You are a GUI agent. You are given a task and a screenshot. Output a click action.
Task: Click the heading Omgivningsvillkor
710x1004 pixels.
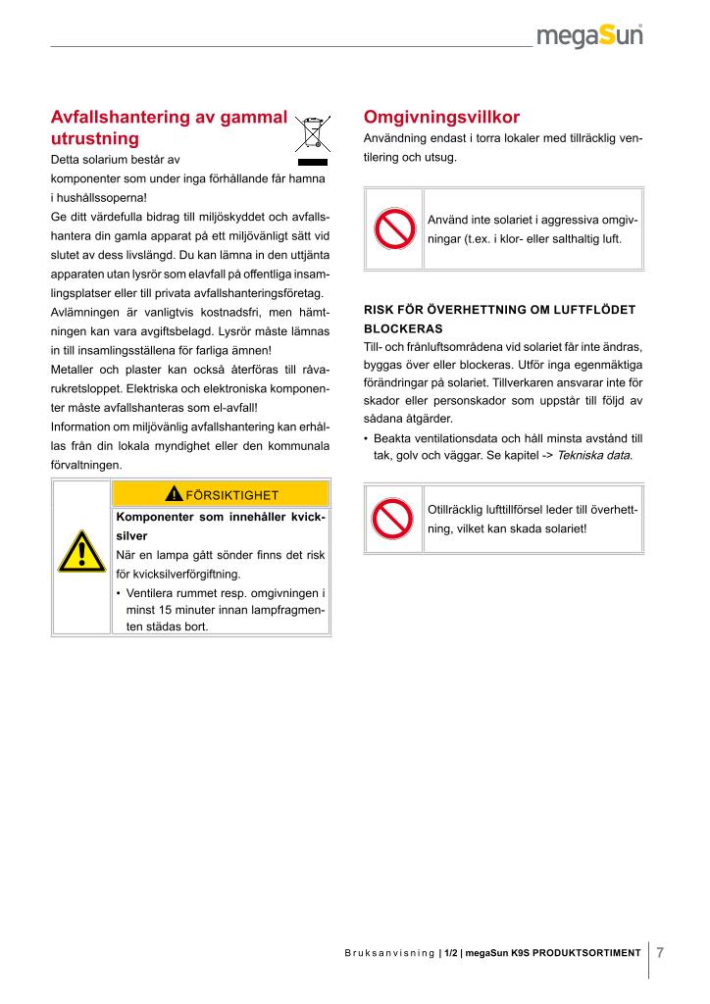click(x=441, y=117)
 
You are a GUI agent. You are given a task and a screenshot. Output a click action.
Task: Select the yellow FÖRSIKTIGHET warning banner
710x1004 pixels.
click(x=221, y=494)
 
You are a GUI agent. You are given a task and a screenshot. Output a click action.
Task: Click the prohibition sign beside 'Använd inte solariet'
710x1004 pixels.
click(x=394, y=229)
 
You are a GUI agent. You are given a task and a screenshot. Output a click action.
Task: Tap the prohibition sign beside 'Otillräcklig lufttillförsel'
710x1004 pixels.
click(x=394, y=519)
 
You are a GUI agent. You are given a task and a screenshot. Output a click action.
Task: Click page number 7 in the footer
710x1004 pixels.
click(x=660, y=952)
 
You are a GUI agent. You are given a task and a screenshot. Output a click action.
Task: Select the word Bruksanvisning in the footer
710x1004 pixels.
click(x=389, y=953)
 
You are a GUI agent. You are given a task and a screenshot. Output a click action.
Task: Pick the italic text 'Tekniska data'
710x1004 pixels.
click(x=593, y=456)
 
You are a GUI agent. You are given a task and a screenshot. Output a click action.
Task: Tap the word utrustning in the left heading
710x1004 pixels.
click(x=95, y=138)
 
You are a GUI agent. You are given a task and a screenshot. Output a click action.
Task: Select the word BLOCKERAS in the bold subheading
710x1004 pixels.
click(x=403, y=328)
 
